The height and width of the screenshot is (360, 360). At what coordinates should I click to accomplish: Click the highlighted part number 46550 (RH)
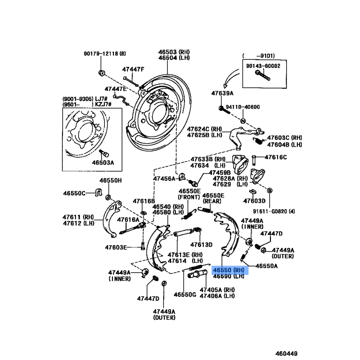pyautogui.click(x=229, y=270)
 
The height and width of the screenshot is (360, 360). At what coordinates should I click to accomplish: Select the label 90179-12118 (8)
pyautogui.click(x=107, y=54)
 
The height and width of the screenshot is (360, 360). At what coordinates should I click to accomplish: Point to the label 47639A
pyautogui.click(x=223, y=93)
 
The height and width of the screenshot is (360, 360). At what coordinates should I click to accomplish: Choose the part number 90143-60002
pyautogui.click(x=263, y=65)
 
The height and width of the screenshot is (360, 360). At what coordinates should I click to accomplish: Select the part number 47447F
pyautogui.click(x=133, y=69)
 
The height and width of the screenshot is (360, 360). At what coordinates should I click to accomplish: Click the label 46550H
pyautogui.click(x=111, y=180)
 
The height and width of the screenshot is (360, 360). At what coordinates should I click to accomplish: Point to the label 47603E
pyautogui.click(x=117, y=247)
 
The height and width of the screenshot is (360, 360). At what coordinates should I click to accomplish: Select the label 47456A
pyautogui.click(x=164, y=179)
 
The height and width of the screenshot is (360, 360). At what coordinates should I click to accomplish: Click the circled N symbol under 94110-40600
pyautogui.click(x=243, y=121)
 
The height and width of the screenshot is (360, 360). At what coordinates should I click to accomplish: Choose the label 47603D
pyautogui.click(x=254, y=201)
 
